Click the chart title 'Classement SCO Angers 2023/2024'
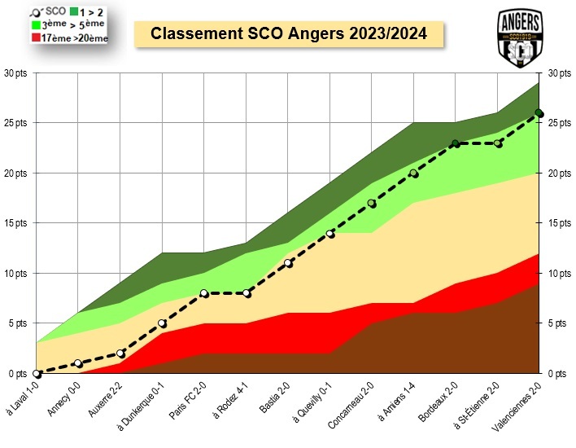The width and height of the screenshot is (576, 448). pos(289,35)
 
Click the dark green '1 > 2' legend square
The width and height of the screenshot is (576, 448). pos(74,11)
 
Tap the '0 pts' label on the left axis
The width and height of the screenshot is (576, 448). pos(16,374)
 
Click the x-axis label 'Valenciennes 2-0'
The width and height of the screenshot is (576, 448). pos(521,402)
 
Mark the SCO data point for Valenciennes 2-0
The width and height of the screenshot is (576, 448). pos(539,113)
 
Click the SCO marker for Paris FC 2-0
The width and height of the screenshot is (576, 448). pos(204,293)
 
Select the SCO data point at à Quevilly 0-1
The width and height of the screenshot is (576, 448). pos(330,234)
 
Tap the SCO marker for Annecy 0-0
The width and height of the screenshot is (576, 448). pos(78,363)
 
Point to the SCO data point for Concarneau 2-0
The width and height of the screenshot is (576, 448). pos(372,204)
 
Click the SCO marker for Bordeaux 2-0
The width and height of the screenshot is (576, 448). pos(456,143)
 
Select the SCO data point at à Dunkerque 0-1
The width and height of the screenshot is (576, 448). pos(162,323)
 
